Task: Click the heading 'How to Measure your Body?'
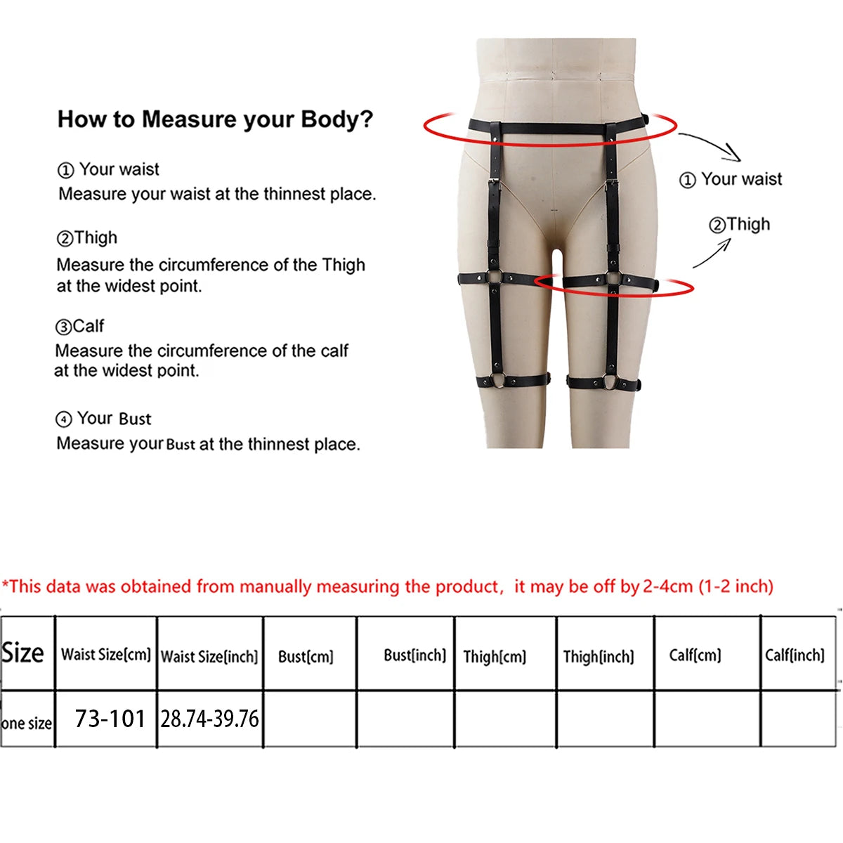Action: click(215, 119)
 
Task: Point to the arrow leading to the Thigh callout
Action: click(712, 254)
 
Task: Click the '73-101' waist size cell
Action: click(110, 719)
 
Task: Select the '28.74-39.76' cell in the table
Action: click(209, 719)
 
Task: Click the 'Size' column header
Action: click(23, 653)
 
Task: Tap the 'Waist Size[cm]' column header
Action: click(106, 655)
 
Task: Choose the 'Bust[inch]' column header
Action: click(414, 655)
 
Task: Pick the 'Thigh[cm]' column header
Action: click(495, 657)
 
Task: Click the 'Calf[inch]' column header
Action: click(795, 655)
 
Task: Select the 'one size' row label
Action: click(27, 723)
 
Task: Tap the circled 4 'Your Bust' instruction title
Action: click(103, 419)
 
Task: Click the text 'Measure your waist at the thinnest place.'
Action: click(217, 194)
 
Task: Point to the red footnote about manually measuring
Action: click(387, 586)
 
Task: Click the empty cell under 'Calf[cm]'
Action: click(707, 719)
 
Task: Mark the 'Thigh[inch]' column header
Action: click(599, 657)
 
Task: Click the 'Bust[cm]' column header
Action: click(306, 657)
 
